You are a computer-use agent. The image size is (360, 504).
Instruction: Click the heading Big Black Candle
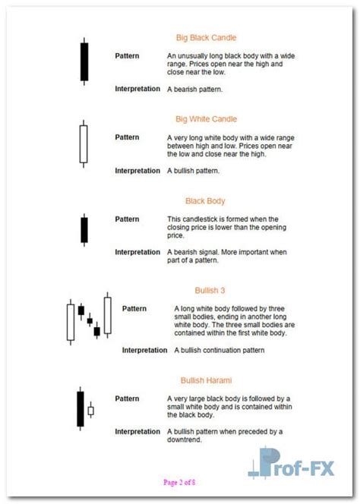[206, 37]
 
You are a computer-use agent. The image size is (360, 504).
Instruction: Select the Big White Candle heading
[206, 119]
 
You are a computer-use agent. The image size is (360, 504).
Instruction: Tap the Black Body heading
[205, 201]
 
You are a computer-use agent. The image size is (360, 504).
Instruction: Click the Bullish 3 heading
[210, 290]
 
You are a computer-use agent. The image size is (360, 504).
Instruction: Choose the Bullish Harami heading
[206, 380]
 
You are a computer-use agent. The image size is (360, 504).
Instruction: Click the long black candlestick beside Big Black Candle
[84, 61]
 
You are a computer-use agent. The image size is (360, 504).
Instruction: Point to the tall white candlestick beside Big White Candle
[83, 143]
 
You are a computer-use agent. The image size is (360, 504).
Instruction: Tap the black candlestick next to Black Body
[84, 228]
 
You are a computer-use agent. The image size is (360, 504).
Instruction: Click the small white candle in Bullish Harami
[91, 411]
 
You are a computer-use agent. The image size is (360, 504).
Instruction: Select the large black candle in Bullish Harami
[80, 409]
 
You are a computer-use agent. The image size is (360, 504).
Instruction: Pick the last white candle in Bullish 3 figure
[107, 315]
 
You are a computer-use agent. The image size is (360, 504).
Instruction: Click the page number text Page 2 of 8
[179, 482]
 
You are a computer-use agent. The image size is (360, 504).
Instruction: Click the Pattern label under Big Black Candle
[127, 55]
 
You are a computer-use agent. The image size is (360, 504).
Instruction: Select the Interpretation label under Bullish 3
[144, 350]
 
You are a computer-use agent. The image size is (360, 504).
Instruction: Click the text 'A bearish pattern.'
[194, 89]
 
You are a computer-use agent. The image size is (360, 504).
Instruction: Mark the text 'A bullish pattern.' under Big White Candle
[194, 171]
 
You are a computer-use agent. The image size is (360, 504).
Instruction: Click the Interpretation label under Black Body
[137, 252]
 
